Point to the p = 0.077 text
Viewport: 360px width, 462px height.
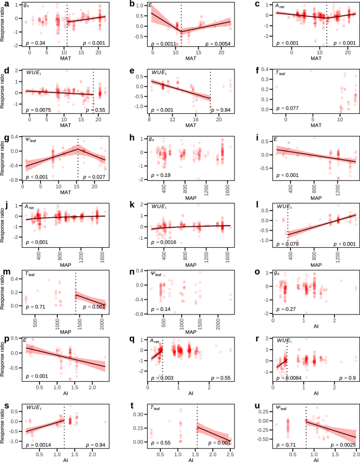(274, 109)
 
